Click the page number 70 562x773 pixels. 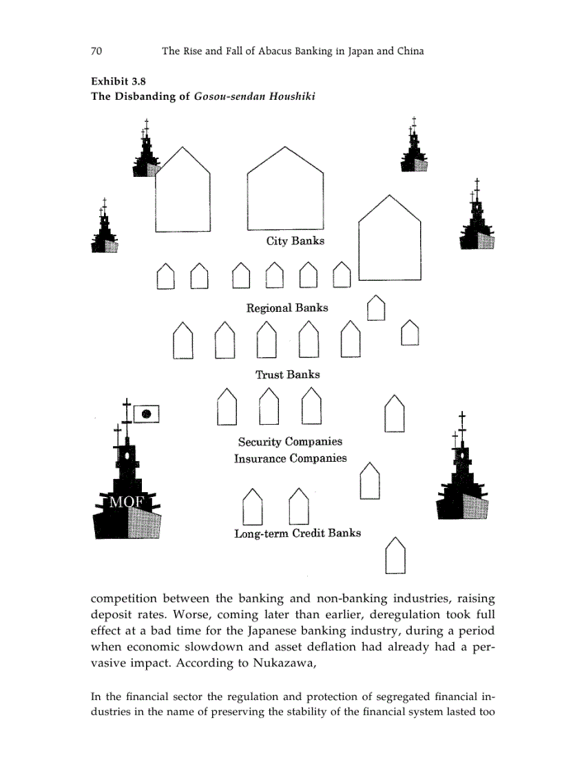pos(96,51)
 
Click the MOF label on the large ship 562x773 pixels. pos(127,502)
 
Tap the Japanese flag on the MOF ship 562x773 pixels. pos(146,414)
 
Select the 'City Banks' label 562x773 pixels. pos(295,241)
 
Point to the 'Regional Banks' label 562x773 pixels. pos(287,308)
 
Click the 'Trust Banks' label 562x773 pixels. pos(287,374)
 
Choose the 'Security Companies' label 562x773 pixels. pos(290,442)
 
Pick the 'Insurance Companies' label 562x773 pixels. pos(290,458)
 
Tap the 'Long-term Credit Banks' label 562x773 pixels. pos(298,533)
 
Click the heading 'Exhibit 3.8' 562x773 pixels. pos(118,81)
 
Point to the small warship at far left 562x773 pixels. pos(105,229)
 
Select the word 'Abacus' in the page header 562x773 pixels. pos(268,51)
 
